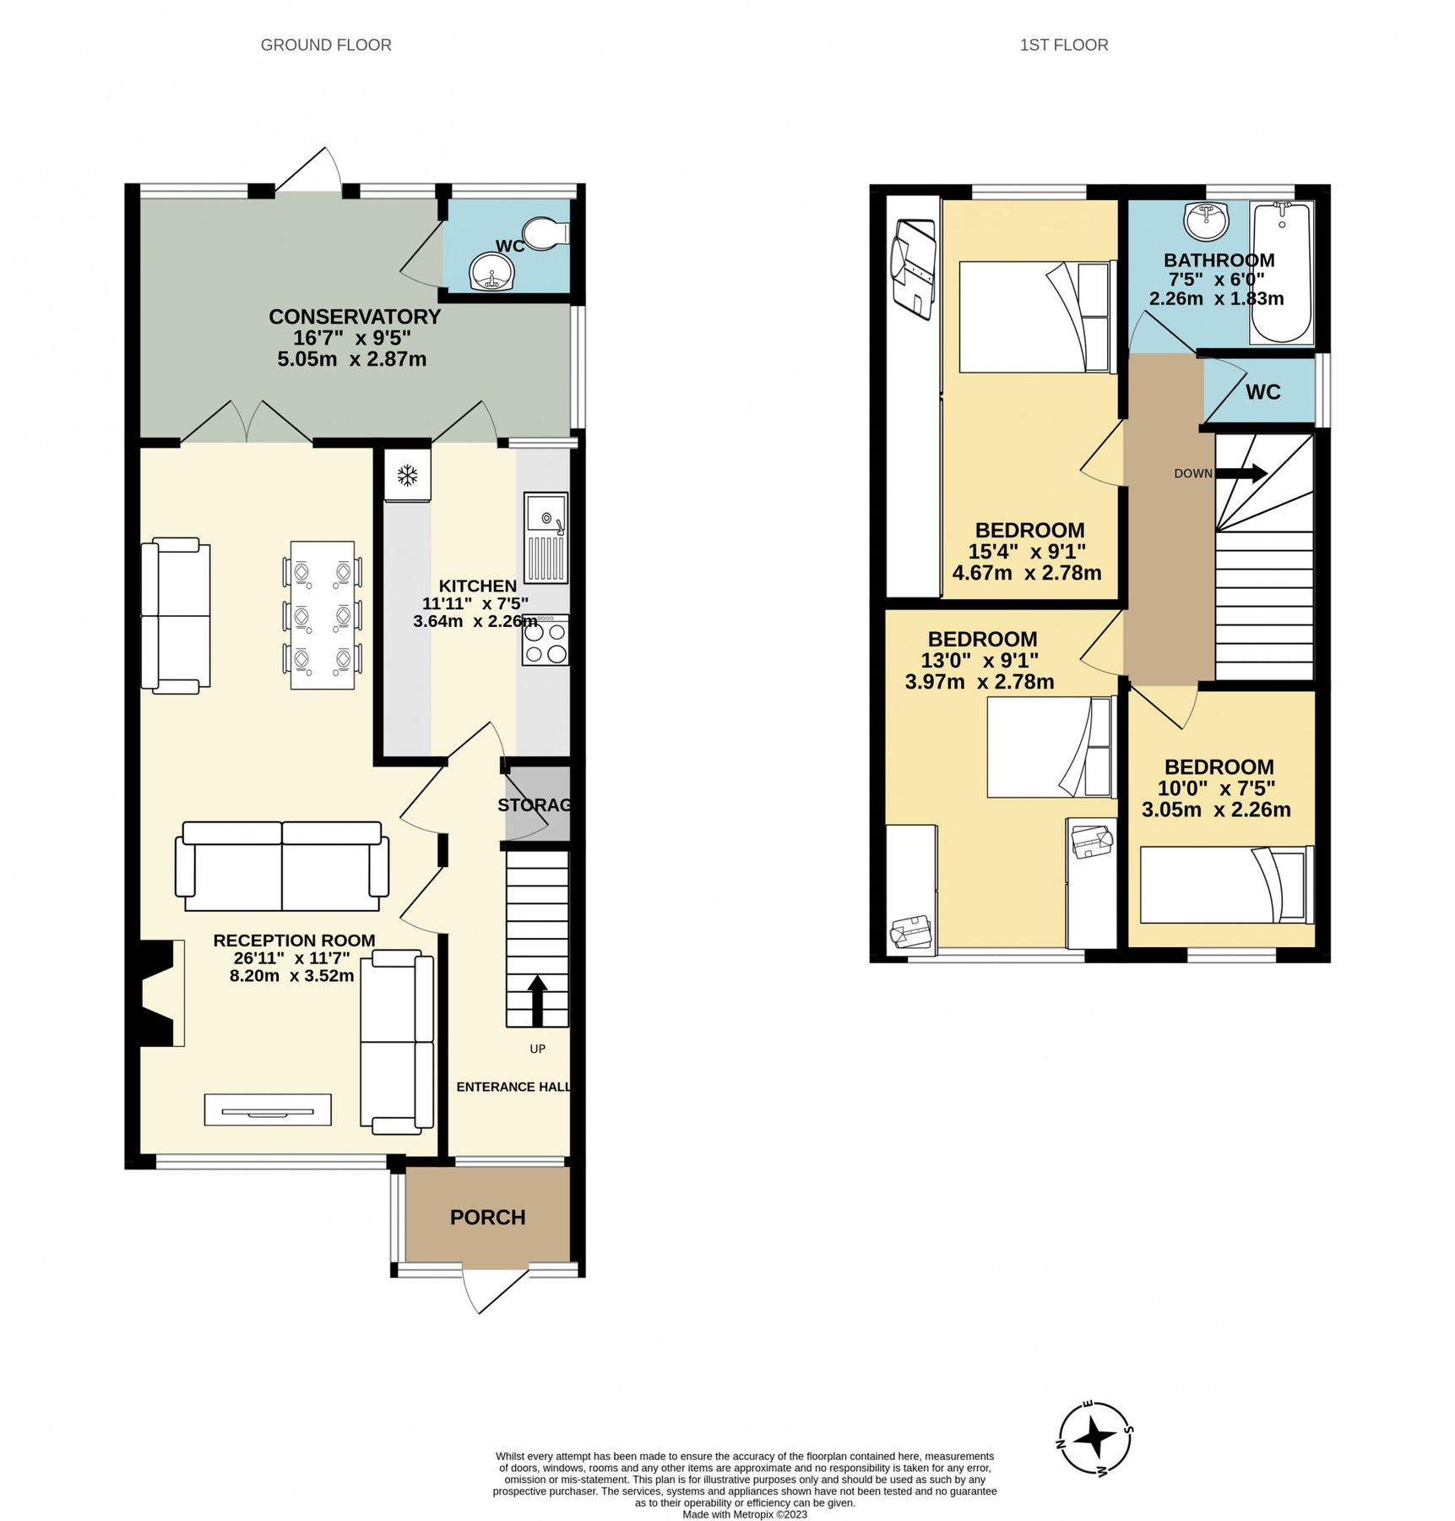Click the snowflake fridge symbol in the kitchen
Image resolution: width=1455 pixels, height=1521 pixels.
tap(407, 475)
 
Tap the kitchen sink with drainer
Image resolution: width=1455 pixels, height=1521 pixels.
tap(546, 538)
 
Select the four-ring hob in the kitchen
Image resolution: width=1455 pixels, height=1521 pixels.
tap(546, 641)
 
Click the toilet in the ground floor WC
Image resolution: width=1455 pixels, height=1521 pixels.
tap(546, 232)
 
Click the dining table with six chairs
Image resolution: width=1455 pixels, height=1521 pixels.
tap(322, 615)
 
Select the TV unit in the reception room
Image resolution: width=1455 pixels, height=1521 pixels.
tap(268, 1109)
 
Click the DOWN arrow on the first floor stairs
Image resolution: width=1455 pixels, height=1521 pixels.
tap(1241, 473)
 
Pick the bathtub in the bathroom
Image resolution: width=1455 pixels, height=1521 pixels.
tap(1281, 272)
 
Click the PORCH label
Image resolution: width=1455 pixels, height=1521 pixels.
tap(487, 1217)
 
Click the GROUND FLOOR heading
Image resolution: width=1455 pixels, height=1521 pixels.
tap(326, 45)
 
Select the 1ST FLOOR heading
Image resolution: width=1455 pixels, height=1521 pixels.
tap(1063, 45)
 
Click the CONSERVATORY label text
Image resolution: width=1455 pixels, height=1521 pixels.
tap(355, 317)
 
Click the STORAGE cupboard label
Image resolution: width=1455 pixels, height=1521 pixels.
tap(534, 805)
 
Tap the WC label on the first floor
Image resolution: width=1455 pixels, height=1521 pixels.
tap(1262, 392)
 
